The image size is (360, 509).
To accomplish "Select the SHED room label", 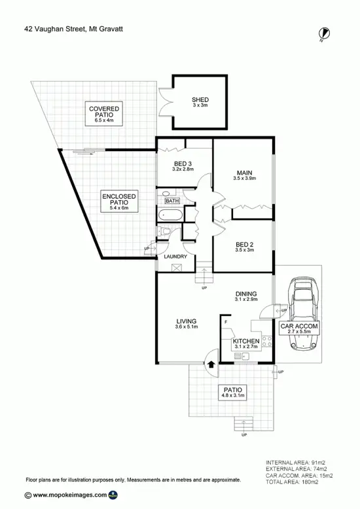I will click(x=200, y=100).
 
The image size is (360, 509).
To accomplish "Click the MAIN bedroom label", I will click(x=244, y=173).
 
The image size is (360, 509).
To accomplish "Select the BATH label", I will click(x=172, y=202).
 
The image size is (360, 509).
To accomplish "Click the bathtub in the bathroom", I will click(x=171, y=214).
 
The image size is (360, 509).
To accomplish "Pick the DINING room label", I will click(x=246, y=294).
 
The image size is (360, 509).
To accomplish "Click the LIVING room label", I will click(x=187, y=321).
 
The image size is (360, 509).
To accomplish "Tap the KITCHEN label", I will click(x=246, y=342).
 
